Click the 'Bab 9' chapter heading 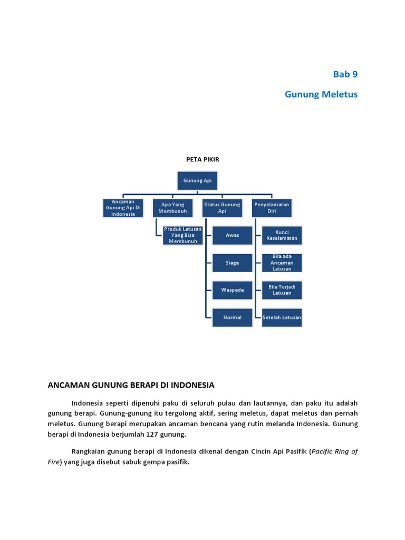click(x=345, y=74)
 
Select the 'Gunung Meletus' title click(x=321, y=94)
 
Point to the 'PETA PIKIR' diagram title click(x=202, y=159)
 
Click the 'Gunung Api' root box click(x=197, y=180)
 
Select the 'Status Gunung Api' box click(x=222, y=208)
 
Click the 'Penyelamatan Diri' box click(x=272, y=208)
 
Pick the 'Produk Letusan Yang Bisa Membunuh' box click(x=183, y=235)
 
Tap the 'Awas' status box click(x=232, y=235)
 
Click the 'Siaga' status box click(x=232, y=263)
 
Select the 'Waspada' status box click(x=232, y=290)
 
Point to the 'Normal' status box click(x=232, y=317)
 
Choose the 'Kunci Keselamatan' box click(x=282, y=235)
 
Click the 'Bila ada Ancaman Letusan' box click(x=282, y=263)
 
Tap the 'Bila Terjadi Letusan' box click(x=282, y=290)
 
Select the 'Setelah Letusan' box click(x=282, y=317)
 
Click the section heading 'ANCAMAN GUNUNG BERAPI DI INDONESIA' click(x=131, y=385)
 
